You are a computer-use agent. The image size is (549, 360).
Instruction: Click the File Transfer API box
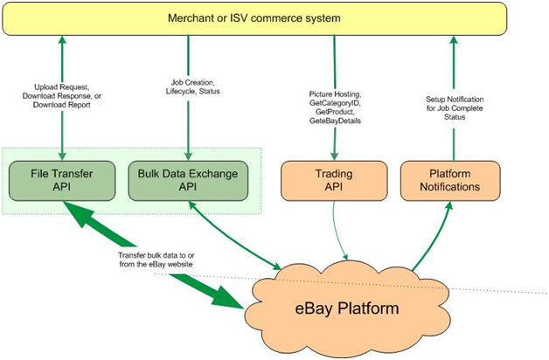62,181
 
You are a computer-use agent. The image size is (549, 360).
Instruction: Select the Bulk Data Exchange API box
188,181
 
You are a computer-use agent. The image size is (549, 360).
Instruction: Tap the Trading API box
334,181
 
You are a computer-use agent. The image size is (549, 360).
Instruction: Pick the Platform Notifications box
450,181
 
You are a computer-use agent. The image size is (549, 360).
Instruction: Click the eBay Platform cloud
347,308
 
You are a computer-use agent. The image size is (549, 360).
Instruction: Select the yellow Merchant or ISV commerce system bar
254,18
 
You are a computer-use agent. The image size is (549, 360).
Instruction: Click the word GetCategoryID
335,103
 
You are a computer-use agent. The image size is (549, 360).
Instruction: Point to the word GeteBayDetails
335,121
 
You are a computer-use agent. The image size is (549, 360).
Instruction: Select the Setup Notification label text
455,100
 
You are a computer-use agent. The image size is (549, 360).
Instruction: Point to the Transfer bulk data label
156,260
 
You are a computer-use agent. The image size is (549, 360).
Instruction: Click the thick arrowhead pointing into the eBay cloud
227,297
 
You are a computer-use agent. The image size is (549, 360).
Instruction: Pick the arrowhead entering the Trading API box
334,156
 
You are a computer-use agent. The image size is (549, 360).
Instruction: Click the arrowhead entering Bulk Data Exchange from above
188,156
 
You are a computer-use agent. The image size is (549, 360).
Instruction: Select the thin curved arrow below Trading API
337,232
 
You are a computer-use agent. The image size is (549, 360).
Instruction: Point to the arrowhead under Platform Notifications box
449,206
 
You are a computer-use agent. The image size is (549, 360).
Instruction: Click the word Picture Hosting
335,94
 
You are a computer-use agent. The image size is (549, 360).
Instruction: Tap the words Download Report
61,105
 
